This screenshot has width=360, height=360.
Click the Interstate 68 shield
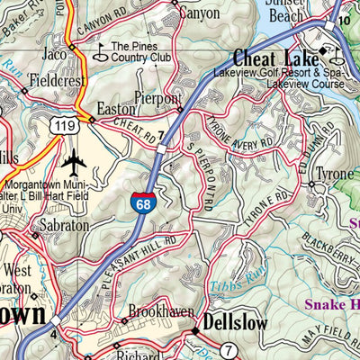(139, 202)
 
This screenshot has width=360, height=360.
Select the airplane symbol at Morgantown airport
(73, 164)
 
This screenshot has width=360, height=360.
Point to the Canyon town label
(199, 13)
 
